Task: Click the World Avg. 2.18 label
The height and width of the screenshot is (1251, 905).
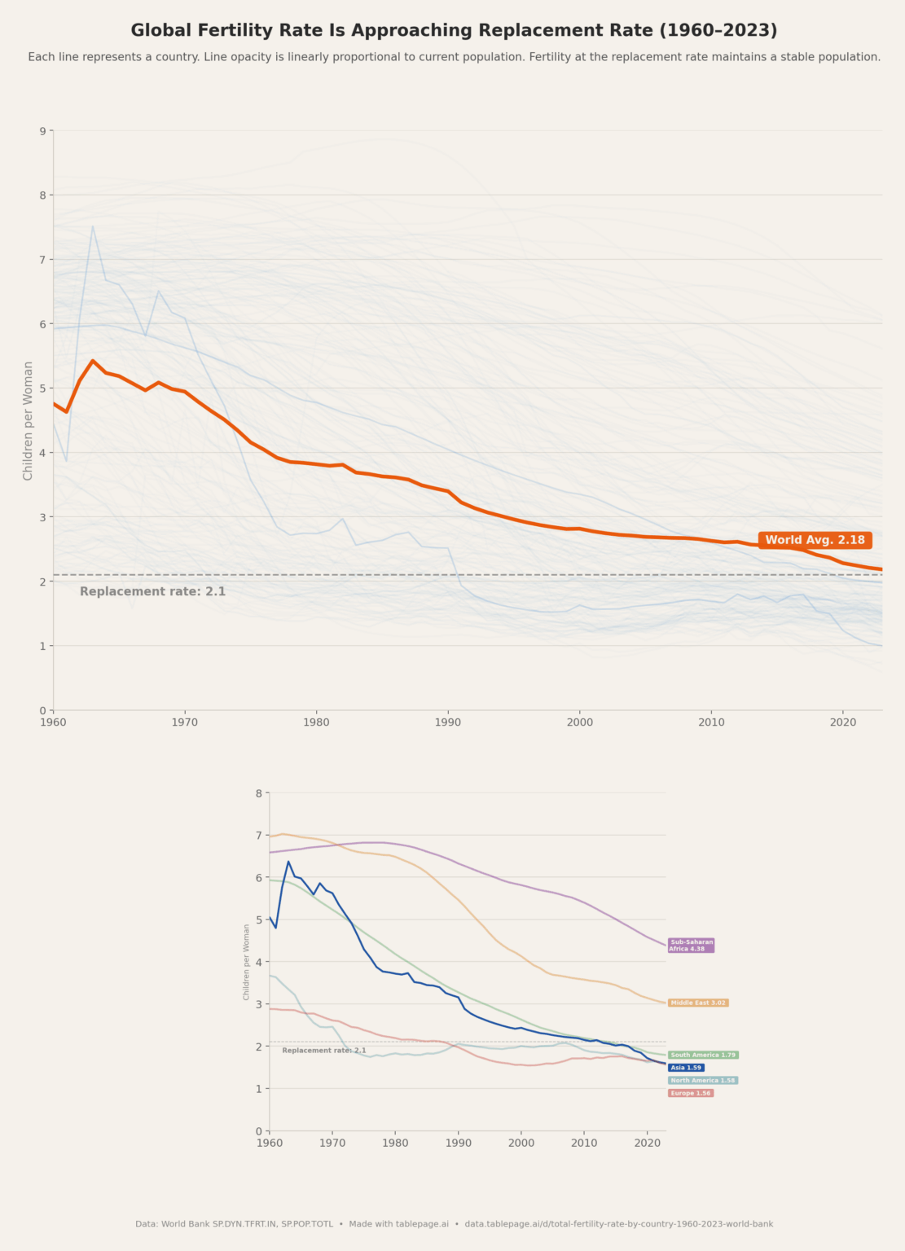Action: tap(815, 540)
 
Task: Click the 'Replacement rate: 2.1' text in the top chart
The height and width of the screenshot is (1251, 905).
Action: tap(152, 591)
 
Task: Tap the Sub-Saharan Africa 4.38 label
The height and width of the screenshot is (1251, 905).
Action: tap(691, 946)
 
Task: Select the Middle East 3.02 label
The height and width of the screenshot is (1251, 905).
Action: tap(697, 1003)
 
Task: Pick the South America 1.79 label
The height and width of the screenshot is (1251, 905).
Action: tap(703, 1055)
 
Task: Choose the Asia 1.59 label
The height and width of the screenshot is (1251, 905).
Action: tap(686, 1068)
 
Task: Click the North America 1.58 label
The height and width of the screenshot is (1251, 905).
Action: tap(703, 1081)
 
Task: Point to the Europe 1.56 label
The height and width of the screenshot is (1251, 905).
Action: tap(691, 1093)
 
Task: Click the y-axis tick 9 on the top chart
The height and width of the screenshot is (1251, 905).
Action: tap(42, 130)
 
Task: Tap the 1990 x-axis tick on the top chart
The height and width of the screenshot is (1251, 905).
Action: tap(447, 722)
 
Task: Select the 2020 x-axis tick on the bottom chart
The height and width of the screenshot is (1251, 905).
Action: tap(647, 1143)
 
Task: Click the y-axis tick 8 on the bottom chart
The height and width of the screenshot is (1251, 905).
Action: tap(258, 792)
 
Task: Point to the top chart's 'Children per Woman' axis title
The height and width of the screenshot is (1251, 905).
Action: tap(29, 420)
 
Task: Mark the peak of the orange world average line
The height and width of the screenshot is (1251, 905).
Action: tap(92, 360)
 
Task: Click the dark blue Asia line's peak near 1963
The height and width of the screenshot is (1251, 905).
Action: tap(288, 861)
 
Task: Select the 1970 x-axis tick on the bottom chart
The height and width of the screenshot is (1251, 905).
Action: tap(332, 1143)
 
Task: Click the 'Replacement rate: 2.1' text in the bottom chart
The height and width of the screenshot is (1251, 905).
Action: tap(323, 1051)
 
